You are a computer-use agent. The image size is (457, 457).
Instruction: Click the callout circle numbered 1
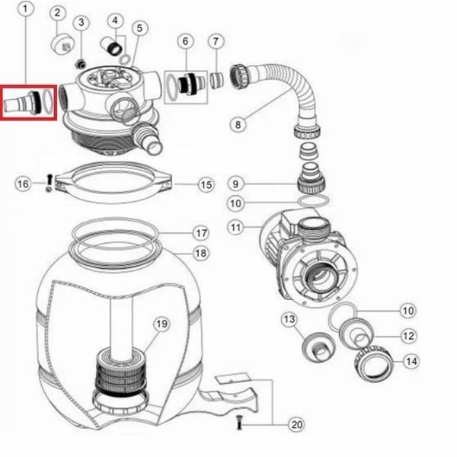tap(25, 8)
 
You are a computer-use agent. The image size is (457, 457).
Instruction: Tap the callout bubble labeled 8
tap(238, 124)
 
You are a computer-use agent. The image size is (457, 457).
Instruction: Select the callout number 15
tap(206, 185)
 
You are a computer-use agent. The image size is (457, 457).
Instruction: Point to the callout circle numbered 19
tap(161, 324)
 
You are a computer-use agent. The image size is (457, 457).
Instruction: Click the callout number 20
tap(296, 424)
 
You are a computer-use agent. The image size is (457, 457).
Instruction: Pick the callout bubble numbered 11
tap(235, 227)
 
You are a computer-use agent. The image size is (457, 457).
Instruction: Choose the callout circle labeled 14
tap(411, 361)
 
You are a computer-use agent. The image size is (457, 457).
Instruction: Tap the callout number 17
tap(201, 233)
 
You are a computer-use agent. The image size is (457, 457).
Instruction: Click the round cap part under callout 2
tap(62, 44)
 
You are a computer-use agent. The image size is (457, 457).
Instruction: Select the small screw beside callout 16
tap(50, 183)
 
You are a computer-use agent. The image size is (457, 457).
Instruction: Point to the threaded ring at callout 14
tap(374, 363)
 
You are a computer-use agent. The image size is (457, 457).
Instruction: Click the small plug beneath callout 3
tap(81, 64)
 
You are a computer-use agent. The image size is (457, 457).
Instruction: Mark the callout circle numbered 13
tap(289, 319)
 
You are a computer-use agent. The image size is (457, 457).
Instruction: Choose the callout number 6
tap(186, 41)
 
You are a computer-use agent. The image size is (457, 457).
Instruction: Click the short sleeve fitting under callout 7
tap(217, 80)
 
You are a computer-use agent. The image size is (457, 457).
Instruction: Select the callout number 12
tap(408, 336)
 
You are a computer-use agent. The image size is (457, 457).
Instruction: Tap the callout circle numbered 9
tap(235, 184)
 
